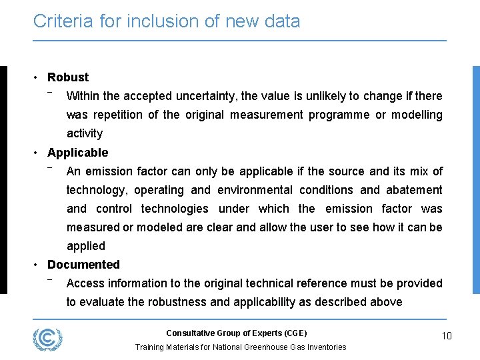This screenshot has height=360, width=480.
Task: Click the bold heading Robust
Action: [x=68, y=77]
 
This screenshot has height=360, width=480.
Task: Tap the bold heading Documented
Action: [x=83, y=265]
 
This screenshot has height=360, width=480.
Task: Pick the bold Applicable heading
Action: [x=77, y=153]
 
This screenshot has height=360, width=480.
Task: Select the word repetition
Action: [x=117, y=115]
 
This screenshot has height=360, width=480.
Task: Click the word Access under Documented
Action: [x=85, y=283]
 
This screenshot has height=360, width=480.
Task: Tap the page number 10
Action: [x=446, y=336]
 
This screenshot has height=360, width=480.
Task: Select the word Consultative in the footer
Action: [x=189, y=333]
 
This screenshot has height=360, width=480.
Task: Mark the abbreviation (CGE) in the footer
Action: [x=295, y=333]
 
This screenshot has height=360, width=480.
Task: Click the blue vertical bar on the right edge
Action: [x=476, y=180]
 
